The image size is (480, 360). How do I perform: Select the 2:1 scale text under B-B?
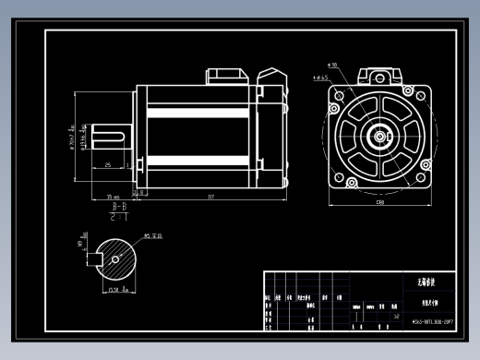pos(119,221)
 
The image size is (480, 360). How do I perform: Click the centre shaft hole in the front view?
pos(378,135)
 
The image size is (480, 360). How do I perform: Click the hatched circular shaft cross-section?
pos(115,258)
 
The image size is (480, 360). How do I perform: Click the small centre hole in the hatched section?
pos(115,258)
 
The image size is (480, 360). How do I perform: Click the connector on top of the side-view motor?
pos(225,74)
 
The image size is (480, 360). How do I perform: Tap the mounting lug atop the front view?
pos(378,72)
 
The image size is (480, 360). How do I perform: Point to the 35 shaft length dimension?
pos(113,197)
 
